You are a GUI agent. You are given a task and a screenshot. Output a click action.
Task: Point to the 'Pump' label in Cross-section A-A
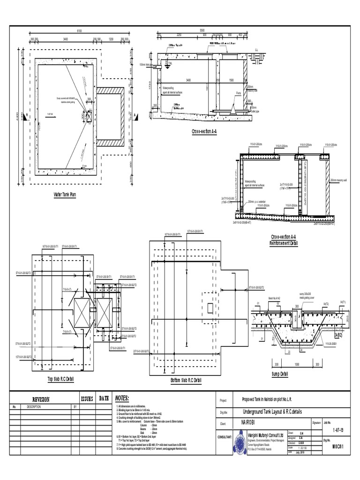click(239, 93)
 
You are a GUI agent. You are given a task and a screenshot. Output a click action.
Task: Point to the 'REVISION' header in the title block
click(40, 399)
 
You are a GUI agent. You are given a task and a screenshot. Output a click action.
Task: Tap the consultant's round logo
click(240, 441)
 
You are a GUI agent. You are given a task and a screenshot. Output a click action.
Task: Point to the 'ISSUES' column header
click(88, 398)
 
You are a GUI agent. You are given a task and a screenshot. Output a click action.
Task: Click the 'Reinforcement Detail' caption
click(284, 243)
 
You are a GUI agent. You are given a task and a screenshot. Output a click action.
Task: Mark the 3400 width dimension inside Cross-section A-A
click(188, 80)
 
